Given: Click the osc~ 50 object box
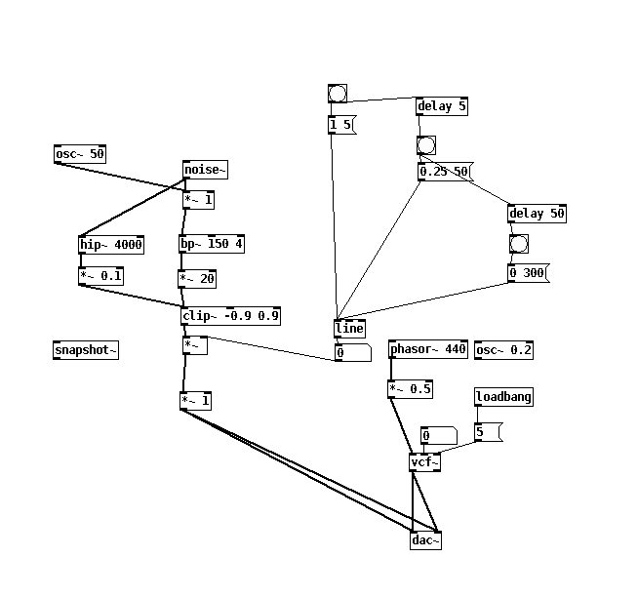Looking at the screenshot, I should point(79,154).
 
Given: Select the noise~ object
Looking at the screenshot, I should point(205,171).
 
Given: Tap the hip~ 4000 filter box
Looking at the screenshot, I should point(111,244).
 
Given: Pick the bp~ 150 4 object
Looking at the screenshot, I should point(212,244).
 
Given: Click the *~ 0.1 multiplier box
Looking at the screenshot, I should point(101,276).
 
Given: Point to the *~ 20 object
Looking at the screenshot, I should point(197,279).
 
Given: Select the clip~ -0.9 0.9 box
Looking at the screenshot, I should point(231,315).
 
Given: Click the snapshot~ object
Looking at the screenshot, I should point(86,350).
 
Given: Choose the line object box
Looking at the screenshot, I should point(349,329).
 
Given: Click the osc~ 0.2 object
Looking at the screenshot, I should point(503,349).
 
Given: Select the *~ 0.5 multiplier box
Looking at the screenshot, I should point(410,389).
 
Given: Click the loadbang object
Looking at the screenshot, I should point(503,397).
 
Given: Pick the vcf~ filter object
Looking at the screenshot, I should point(424,462).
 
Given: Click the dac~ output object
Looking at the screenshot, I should point(425,539).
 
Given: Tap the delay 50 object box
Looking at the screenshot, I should point(537,213).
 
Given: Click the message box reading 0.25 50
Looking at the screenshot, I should point(444,172).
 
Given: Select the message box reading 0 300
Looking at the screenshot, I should point(528,273).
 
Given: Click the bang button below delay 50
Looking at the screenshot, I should point(518,243).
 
